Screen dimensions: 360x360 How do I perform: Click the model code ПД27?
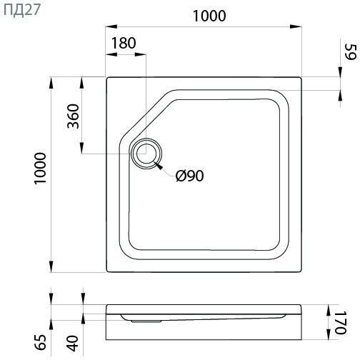pos(22,11)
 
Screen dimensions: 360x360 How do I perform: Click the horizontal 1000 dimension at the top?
pos(209,16)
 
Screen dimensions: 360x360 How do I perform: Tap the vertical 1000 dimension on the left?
pos(40,169)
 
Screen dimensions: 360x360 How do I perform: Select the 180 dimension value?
pos(124,43)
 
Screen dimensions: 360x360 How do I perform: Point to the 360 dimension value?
pos(73,116)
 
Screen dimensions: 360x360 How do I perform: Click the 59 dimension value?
pos(351,52)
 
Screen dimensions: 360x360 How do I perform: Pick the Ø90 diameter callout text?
pos(190,176)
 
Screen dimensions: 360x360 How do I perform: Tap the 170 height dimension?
pos(340,322)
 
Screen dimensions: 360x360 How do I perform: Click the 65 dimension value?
pos(40,342)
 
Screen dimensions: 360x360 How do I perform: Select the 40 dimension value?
pos(74,344)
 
